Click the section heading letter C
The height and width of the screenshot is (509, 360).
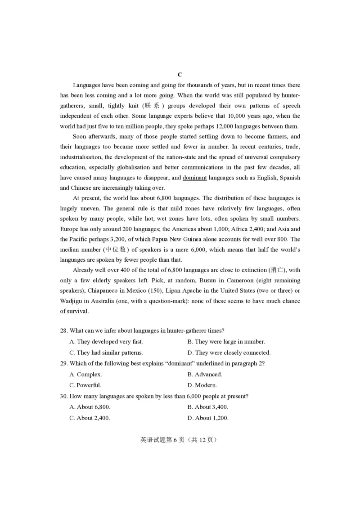[x=180, y=75]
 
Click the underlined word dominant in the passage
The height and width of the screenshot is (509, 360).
[x=194, y=178]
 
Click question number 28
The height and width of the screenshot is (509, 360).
[x=64, y=331]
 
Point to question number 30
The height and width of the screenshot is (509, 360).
[x=64, y=396]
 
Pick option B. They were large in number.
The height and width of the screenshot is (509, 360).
[x=226, y=342]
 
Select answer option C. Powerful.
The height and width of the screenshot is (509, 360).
[x=85, y=385]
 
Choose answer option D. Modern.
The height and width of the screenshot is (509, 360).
[x=202, y=385]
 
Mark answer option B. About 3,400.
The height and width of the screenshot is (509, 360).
[x=207, y=407]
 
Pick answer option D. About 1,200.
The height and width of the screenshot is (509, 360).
[x=207, y=418]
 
